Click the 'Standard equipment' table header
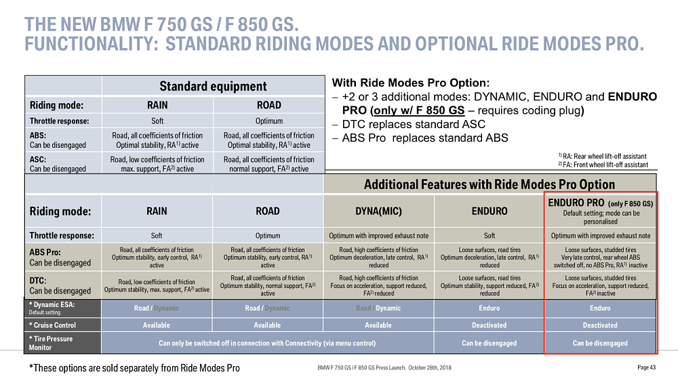point(213,86)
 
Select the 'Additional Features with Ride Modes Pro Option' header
point(490,184)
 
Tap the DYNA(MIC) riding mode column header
point(378,211)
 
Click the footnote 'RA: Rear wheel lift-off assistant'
point(602,156)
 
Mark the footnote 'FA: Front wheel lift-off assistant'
point(603,165)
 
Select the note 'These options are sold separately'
point(134,367)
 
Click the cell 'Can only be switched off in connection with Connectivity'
point(267,343)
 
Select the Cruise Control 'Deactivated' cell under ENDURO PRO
point(600,325)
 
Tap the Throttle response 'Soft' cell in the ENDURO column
point(489,236)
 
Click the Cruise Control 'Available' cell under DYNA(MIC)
point(378,325)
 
